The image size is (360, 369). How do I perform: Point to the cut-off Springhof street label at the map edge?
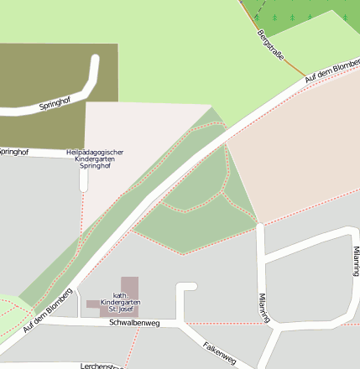pos(13,152)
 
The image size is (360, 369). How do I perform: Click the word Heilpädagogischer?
pos(95,152)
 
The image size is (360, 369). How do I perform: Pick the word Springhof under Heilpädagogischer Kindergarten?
pos(95,166)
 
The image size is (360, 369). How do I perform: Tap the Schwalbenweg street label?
pos(134,322)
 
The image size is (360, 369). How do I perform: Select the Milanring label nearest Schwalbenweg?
pos(264,307)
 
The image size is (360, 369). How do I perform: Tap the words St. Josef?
pos(120,309)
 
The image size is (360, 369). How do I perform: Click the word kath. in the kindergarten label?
pos(120,294)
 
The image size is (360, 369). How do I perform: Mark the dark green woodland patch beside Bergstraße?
pos(310,18)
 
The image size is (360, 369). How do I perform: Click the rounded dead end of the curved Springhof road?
pos(95,60)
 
